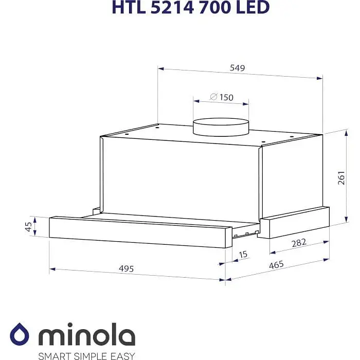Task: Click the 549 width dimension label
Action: pos(237,67)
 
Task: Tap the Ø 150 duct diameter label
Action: pos(221,97)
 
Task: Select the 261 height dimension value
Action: pos(341,177)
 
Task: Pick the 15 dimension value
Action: pos(243,254)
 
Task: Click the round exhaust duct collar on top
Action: pos(221,127)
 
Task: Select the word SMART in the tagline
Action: pos(54,355)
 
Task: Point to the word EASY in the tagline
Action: pos(122,355)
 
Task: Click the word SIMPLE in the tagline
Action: pos(88,355)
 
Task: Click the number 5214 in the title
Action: pos(169,7)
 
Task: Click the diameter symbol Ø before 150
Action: pos(212,97)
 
